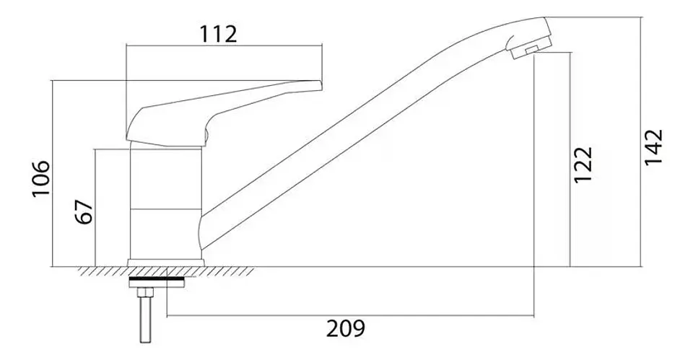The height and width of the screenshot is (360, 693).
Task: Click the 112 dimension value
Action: point(219,34)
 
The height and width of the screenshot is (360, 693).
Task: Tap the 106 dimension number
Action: point(40,180)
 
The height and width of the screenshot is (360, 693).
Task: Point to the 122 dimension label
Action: point(583,164)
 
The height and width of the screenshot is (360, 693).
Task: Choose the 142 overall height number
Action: point(654,146)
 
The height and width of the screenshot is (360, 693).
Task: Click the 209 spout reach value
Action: point(346,328)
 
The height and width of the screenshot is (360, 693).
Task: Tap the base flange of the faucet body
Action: point(166,263)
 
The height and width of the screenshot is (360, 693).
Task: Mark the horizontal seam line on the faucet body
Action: point(166,208)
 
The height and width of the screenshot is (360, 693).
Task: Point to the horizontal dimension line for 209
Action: point(351,316)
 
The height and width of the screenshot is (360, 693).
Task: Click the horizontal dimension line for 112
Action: point(224,45)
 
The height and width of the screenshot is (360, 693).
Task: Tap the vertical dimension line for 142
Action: point(641,142)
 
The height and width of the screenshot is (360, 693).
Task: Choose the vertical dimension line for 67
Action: point(95,208)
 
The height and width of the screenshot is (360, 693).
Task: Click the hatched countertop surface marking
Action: point(166,271)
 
